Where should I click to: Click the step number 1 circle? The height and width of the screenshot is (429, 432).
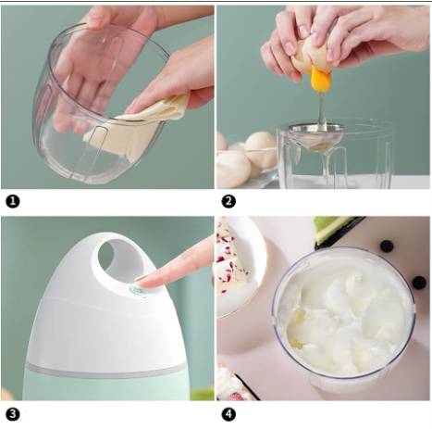[13, 202]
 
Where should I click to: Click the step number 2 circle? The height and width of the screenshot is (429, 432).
[228, 202]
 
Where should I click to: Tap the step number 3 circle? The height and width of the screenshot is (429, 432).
[13, 414]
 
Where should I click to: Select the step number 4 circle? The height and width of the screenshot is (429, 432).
[228, 414]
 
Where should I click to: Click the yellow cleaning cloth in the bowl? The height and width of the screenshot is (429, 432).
[136, 127]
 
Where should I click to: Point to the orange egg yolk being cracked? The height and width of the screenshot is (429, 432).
[321, 80]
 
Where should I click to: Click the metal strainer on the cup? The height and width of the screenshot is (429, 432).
[316, 136]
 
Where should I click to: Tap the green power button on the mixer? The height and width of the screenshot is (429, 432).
[135, 290]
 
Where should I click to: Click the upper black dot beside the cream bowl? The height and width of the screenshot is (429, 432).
[387, 246]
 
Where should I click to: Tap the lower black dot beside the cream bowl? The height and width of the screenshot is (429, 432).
[419, 283]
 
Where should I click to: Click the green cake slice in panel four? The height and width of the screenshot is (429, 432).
[336, 229]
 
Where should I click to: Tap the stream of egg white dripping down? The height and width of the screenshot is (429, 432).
[322, 109]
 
